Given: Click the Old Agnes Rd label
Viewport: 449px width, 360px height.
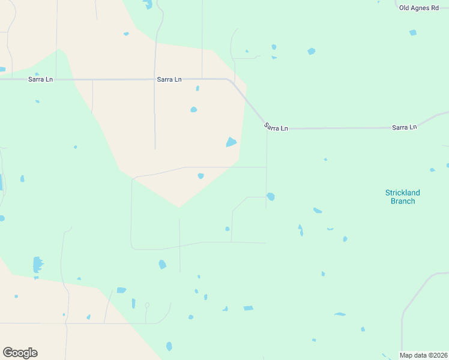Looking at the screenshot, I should [x=419, y=7].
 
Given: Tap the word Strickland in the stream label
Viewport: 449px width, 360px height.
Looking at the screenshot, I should [x=402, y=193].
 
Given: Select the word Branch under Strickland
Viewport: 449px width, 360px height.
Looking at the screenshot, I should [x=402, y=201].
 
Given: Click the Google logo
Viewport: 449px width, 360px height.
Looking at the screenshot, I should [x=20, y=353].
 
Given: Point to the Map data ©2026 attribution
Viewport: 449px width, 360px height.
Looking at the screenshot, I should [x=423, y=355].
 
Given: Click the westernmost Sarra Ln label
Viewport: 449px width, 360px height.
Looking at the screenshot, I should [x=40, y=79].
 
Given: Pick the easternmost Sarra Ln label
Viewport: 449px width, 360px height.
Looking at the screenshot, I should [x=404, y=127].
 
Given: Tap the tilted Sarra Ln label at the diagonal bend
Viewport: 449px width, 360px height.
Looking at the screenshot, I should [x=276, y=127].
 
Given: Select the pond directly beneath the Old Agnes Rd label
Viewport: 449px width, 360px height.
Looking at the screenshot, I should [x=413, y=32].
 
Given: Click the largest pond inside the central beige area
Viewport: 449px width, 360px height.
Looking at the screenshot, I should [x=231, y=142].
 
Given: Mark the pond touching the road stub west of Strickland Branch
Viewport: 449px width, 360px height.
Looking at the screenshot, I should [x=271, y=196].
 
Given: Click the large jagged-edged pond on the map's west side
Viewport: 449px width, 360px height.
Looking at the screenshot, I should [x=38, y=264].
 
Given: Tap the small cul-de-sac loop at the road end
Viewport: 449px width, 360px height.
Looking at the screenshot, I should [x=147, y=305].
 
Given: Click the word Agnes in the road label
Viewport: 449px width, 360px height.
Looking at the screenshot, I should [x=419, y=7].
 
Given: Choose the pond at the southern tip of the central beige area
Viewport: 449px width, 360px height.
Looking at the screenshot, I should [x=200, y=176].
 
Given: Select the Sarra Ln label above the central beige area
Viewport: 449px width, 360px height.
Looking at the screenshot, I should [x=169, y=79].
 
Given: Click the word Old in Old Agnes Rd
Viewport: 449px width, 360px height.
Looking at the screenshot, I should [x=405, y=7].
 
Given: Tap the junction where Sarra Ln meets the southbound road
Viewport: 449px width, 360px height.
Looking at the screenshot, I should [x=267, y=128].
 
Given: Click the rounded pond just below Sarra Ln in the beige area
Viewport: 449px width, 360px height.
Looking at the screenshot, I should [x=193, y=110].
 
